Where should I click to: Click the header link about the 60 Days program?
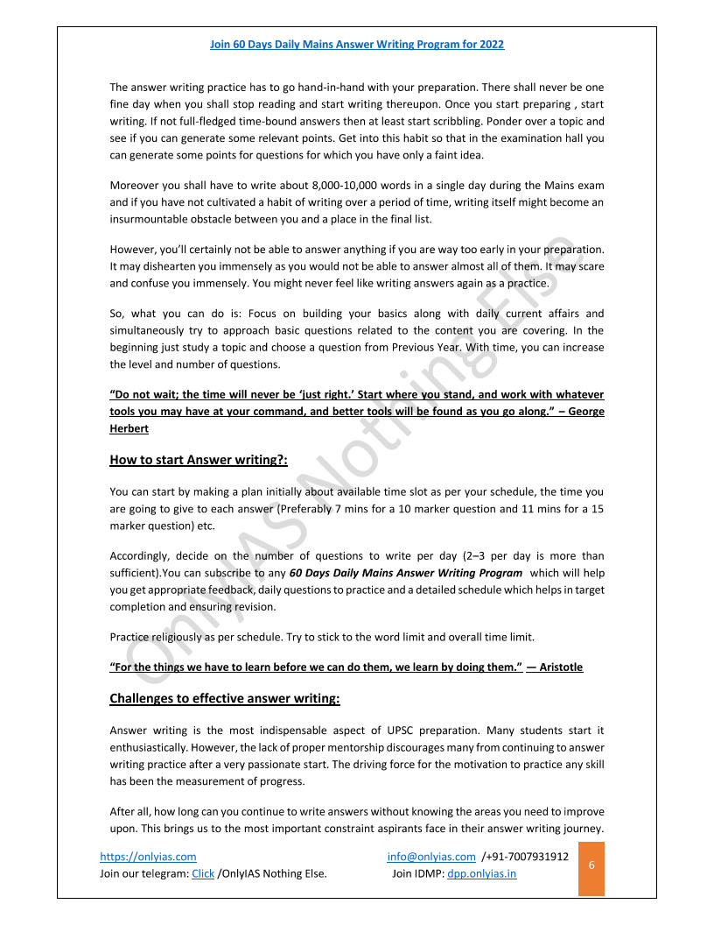point(357,44)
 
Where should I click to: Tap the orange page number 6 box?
point(591,865)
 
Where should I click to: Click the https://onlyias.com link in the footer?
point(148,857)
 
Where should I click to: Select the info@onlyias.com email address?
point(431,857)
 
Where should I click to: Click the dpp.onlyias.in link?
point(481,873)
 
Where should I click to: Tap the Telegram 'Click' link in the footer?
point(203,873)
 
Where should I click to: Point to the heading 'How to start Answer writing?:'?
point(199,459)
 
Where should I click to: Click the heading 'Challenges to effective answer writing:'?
point(225,698)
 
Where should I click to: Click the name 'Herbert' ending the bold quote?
point(130,428)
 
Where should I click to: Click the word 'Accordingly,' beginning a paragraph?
point(139,556)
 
